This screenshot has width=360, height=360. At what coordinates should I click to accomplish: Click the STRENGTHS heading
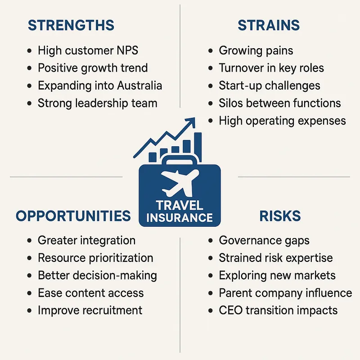[71, 25]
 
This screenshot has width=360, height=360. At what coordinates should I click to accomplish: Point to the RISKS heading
[280, 216]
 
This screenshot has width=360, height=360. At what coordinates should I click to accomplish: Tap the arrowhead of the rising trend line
[191, 122]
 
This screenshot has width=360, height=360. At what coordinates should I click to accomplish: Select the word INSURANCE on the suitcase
[180, 218]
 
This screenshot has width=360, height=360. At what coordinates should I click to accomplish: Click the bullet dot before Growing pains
[211, 51]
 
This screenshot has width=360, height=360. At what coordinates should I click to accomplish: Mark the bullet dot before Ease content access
[30, 293]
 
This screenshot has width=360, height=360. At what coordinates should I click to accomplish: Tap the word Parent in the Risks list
[235, 293]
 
